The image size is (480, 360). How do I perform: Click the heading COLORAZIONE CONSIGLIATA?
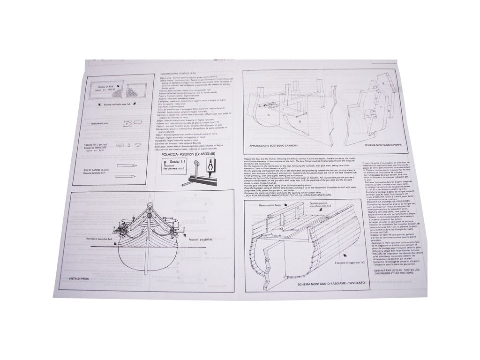click(x=179, y=74)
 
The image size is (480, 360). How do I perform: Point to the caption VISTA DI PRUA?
click(x=80, y=278)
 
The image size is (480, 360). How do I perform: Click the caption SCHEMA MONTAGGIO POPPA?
click(x=364, y=146)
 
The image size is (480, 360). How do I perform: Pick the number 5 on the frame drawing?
click(x=269, y=114)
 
